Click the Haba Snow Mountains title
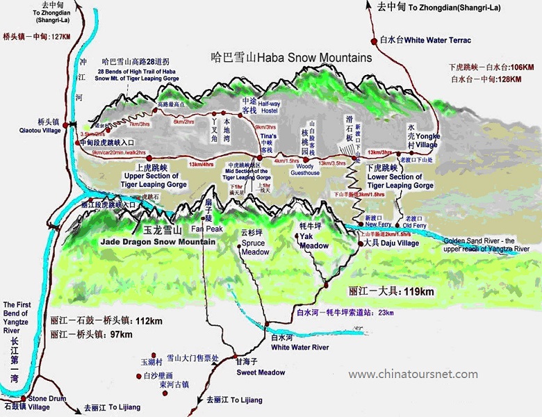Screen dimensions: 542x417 [291, 58]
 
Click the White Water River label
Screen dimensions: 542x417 [299, 347]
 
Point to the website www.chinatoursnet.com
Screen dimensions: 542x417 [413, 375]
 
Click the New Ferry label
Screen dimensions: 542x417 [379, 224]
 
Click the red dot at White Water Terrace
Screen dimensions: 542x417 [373, 40]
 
